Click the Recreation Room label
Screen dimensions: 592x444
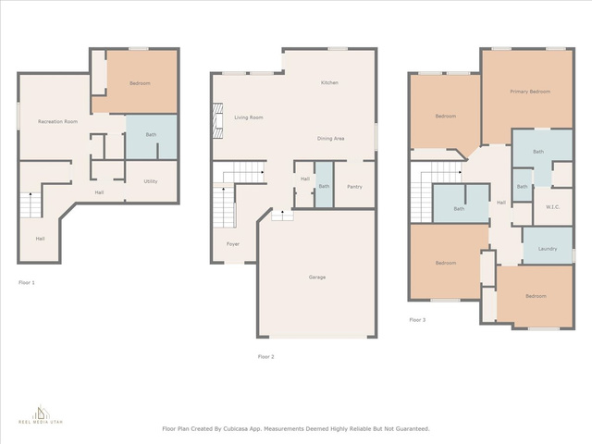(x=57, y=121)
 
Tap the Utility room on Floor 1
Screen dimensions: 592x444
(x=151, y=181)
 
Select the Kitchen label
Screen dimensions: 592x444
(x=329, y=82)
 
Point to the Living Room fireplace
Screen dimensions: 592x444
(x=217, y=121)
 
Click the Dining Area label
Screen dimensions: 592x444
(x=330, y=139)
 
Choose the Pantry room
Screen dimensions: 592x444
(x=354, y=185)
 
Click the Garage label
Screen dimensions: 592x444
(x=317, y=277)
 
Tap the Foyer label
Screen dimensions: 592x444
(x=233, y=244)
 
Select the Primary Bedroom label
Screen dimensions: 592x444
(x=530, y=92)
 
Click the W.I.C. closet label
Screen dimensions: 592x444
(x=553, y=207)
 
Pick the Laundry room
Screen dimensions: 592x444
(x=548, y=245)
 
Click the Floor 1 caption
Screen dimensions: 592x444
(x=27, y=282)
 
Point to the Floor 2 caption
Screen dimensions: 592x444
(x=266, y=357)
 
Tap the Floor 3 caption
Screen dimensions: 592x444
(x=417, y=320)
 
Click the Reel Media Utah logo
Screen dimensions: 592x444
(x=41, y=414)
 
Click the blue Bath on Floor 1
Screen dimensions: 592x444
(x=151, y=137)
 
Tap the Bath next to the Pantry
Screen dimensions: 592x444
(x=324, y=185)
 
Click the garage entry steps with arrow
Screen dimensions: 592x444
(x=282, y=216)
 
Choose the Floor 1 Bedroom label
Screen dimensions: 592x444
(x=140, y=83)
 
